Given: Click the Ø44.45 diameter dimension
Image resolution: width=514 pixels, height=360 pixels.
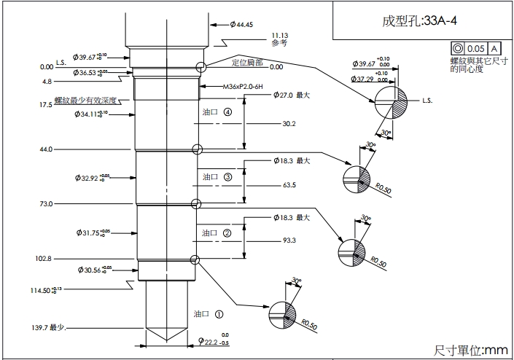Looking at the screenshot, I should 241,25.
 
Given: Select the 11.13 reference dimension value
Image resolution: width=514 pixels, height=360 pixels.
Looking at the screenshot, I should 280,35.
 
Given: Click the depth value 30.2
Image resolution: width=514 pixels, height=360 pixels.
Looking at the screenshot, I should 288,124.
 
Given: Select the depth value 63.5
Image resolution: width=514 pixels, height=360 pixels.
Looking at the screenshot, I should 288,185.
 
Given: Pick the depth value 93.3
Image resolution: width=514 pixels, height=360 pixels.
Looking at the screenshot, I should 288,240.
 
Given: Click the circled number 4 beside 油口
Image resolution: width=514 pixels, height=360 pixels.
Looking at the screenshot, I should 228,113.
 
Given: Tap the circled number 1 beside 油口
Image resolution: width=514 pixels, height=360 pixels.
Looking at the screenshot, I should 219,314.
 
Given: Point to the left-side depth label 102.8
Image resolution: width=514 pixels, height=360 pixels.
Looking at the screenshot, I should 43,259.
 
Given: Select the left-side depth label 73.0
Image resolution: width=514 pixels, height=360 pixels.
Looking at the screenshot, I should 46,204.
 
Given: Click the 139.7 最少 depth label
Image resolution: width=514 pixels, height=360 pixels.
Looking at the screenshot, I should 50,328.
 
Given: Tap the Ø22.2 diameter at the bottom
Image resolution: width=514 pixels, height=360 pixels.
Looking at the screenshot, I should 209,342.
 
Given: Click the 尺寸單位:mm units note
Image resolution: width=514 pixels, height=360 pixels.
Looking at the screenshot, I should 470,351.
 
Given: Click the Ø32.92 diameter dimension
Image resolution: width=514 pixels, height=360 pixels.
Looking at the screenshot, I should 90,177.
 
